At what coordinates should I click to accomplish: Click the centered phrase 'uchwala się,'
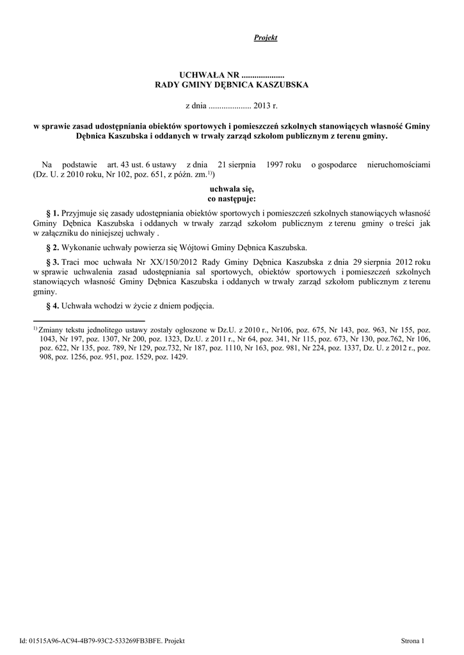[x=232, y=189]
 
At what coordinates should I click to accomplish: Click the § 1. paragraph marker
[x=53, y=212]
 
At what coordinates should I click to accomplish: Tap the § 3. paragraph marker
[x=53, y=262]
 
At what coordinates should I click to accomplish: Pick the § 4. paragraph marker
[x=53, y=305]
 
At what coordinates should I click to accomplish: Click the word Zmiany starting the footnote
[x=52, y=329]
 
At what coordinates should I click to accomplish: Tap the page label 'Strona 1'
[x=413, y=639]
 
